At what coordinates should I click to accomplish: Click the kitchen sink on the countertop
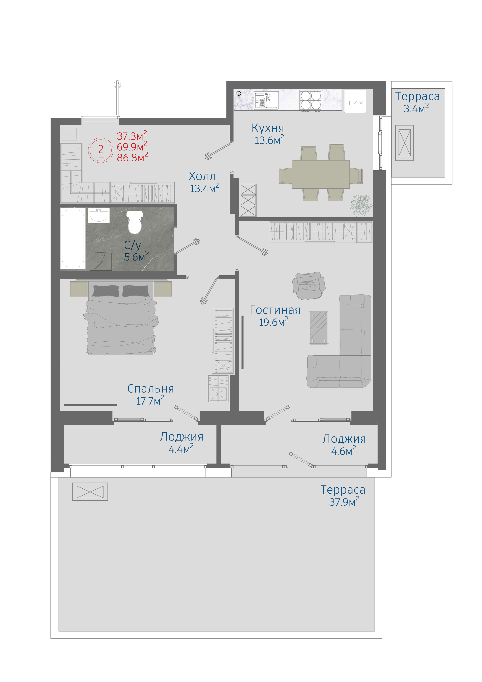pyautogui.click(x=266, y=100)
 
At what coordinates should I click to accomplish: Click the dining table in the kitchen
pyautogui.click(x=321, y=174)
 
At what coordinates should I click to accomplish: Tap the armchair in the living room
pyautogui.click(x=309, y=285)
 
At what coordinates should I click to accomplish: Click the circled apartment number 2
pyautogui.click(x=101, y=150)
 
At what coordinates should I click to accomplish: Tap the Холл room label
pyautogui.click(x=202, y=177)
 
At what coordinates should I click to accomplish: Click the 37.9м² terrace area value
pyautogui.click(x=344, y=502)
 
